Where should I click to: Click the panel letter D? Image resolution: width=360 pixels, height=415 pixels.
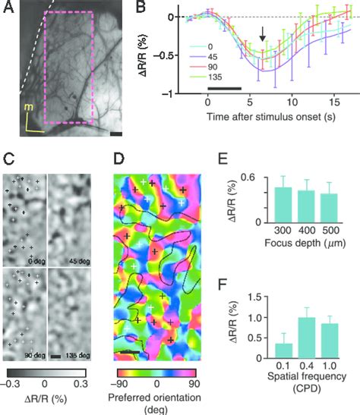coord(120,162)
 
